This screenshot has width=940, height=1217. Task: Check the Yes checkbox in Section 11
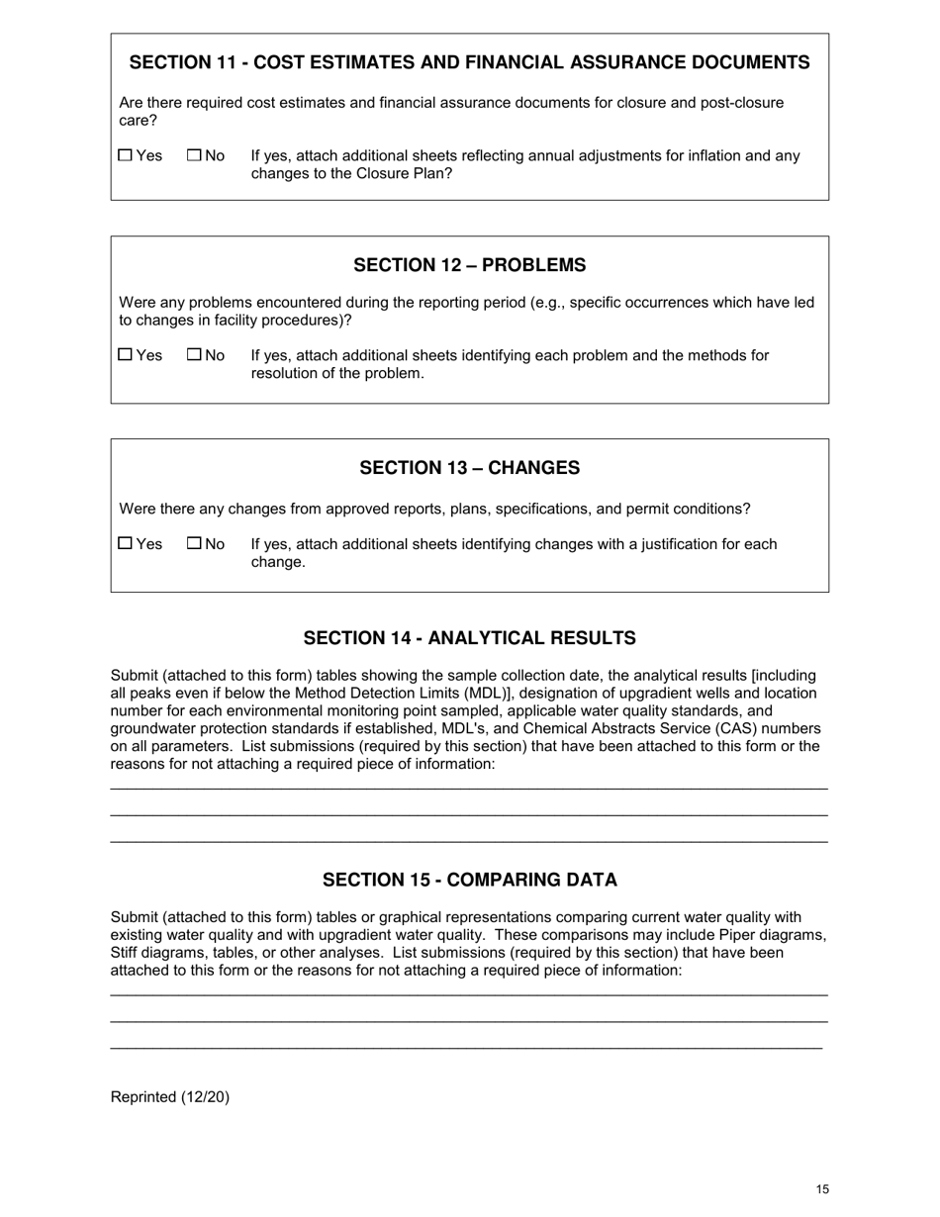point(125,155)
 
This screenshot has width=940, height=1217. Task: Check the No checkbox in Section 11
point(194,155)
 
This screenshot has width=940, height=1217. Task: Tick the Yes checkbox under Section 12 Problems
point(125,354)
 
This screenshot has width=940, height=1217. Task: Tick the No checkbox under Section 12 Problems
point(194,354)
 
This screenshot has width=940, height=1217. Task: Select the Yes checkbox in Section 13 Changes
point(125,543)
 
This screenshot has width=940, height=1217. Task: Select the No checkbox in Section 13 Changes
point(194,543)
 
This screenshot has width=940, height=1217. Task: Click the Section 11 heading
point(469,62)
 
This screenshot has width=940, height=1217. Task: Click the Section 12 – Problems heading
point(469,265)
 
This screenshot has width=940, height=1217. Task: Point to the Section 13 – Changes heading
point(469,468)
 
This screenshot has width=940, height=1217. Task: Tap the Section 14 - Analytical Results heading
point(469,638)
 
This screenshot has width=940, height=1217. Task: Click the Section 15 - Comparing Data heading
point(469,881)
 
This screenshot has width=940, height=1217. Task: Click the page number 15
point(822,1189)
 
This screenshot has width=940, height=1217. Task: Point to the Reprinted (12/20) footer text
point(170,1096)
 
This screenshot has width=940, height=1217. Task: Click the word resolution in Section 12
point(286,373)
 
